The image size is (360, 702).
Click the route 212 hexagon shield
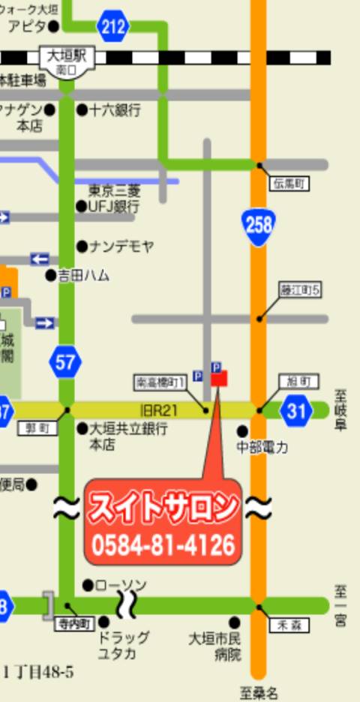coord(112,28)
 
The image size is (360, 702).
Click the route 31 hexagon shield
coord(297,409)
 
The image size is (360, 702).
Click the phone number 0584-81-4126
coord(163,544)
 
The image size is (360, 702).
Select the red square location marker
coord(218,379)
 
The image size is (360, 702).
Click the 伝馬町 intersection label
coord(289,182)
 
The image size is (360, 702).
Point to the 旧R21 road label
coord(157,409)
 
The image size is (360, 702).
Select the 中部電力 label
coord(262,448)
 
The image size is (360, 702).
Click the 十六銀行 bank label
coord(115,110)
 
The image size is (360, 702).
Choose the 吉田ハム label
coord(83,276)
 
